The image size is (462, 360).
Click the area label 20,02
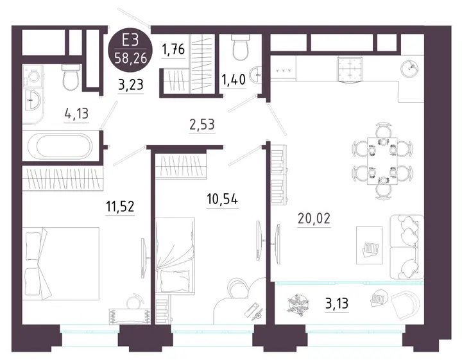pos(314,219)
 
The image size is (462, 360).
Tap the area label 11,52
pos(120,206)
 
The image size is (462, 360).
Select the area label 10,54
pos(222,199)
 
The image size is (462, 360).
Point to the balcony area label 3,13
pos(337,303)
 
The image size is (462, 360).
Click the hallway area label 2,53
pos(202,124)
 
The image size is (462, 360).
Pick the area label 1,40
pos(234,80)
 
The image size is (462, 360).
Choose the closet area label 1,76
pos(173,49)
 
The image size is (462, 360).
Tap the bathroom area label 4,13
pos(76,113)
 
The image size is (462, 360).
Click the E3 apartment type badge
pos(130,49)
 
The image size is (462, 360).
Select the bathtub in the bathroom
pos(60,146)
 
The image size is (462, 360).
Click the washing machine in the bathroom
pos(33,76)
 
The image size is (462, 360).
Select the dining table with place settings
pos(382,160)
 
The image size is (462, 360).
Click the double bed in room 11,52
pos(61,264)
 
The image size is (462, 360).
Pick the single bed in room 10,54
pos(175,255)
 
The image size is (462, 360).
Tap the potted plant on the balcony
pos(299,305)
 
